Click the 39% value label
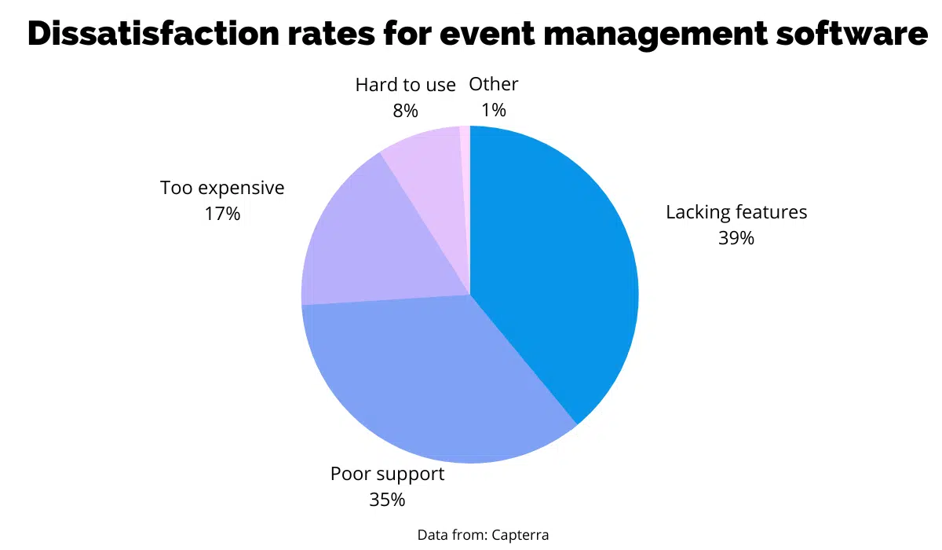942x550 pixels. coord(736,238)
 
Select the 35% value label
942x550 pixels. coord(387,499)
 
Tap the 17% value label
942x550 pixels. coord(222,214)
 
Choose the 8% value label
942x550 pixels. coord(405,111)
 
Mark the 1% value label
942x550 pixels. coord(493,111)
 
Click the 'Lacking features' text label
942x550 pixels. coord(736,212)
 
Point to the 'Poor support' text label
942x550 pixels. coord(387,474)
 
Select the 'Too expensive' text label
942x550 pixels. coord(222,188)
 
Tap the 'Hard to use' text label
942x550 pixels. coord(405,85)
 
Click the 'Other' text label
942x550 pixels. coord(493,84)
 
